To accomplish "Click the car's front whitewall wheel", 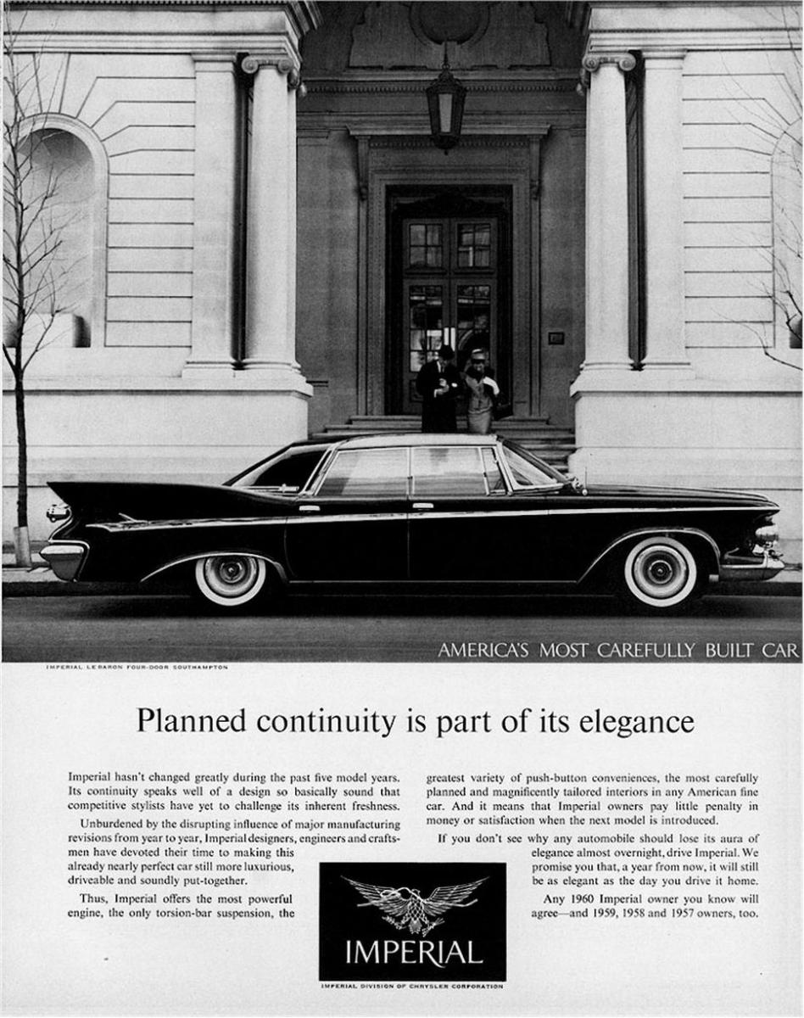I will pyautogui.click(x=661, y=571).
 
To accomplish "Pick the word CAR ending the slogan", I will pyautogui.click(x=779, y=651).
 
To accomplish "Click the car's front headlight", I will pyautogui.click(x=766, y=534).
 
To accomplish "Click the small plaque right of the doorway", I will pyautogui.click(x=556, y=338).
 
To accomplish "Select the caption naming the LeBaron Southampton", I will pyautogui.click(x=136, y=667).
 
